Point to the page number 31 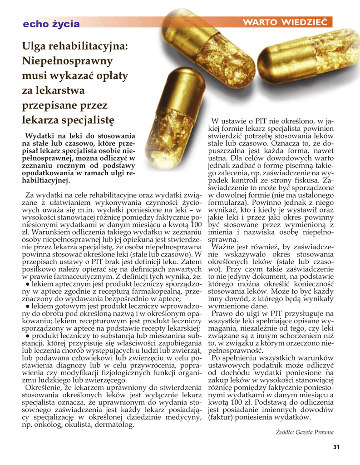click(336, 447)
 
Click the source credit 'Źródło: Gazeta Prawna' click(305, 432)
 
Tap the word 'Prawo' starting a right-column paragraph click(223, 313)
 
